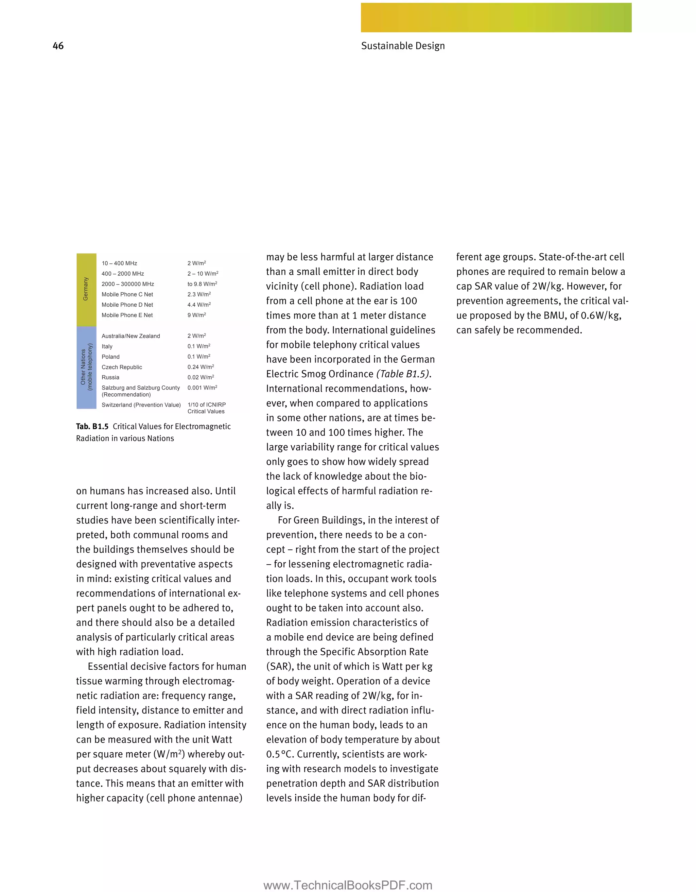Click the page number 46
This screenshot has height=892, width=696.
tap(58, 46)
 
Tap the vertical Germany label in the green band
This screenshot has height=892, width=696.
tap(86, 289)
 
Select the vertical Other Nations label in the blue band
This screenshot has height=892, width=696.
tap(86, 367)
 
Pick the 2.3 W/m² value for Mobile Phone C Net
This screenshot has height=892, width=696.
tap(199, 294)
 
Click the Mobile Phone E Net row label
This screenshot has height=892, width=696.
tap(127, 315)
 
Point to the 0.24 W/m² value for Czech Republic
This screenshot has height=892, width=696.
tap(201, 367)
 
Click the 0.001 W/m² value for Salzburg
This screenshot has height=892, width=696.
tap(202, 388)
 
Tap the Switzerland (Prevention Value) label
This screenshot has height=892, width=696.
tap(141, 405)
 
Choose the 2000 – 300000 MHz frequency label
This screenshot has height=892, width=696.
tap(128, 284)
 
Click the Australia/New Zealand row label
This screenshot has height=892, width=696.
tap(130, 336)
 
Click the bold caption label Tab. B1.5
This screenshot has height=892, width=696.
tap(92, 426)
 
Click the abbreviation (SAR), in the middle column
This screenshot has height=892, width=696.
tap(280, 666)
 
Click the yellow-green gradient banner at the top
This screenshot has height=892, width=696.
tap(496, 18)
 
